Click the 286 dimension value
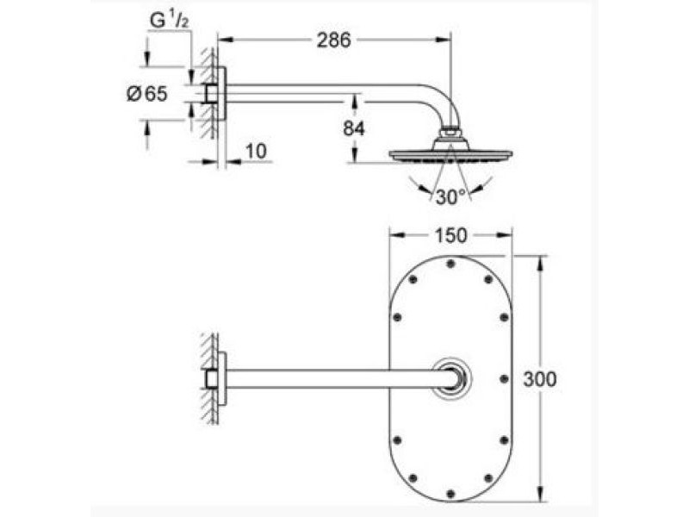pyautogui.click(x=334, y=40)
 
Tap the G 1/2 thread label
pyautogui.click(x=169, y=21)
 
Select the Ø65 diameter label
pyautogui.click(x=147, y=94)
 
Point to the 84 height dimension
pyautogui.click(x=354, y=128)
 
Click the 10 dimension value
pyautogui.click(x=256, y=152)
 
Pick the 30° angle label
pyautogui.click(x=450, y=197)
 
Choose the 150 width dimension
pyautogui.click(x=450, y=235)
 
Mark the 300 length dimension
pyautogui.click(x=540, y=379)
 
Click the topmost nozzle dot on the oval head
pyautogui.click(x=450, y=264)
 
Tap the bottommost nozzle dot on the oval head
pyautogui.click(x=450, y=493)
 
